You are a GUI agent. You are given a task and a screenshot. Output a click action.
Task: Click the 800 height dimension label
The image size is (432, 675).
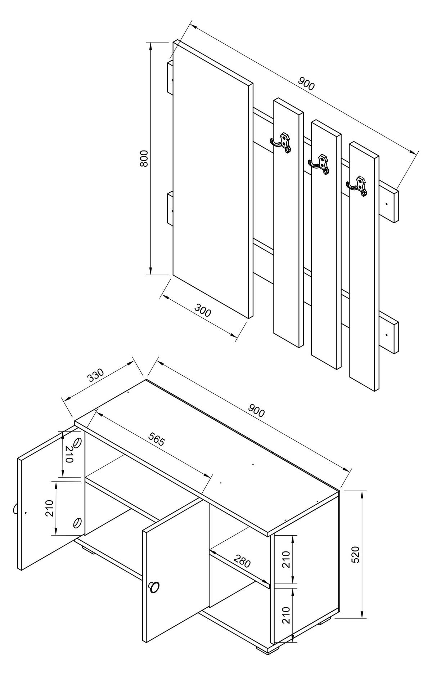pyautogui.click(x=144, y=158)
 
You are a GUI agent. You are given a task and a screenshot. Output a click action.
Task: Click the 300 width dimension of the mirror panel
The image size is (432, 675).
pyautogui.click(x=203, y=310)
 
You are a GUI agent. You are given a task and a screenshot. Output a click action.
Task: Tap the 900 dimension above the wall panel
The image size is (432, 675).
pyautogui.click(x=306, y=84)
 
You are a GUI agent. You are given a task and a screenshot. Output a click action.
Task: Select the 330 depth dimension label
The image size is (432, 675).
pyautogui.click(x=96, y=375)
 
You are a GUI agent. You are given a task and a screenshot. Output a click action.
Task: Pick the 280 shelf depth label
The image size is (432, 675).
pyautogui.click(x=242, y=561)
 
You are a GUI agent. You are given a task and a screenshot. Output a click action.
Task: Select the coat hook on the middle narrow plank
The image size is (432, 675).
pyautogui.click(x=320, y=164)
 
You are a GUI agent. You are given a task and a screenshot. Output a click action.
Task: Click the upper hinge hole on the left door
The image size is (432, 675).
pyautogui.click(x=77, y=443)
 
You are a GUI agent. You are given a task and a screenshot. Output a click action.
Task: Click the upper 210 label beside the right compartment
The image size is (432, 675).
pyautogui.click(x=286, y=559)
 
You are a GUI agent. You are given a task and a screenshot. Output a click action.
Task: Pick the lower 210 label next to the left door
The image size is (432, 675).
pyautogui.click(x=50, y=508)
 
